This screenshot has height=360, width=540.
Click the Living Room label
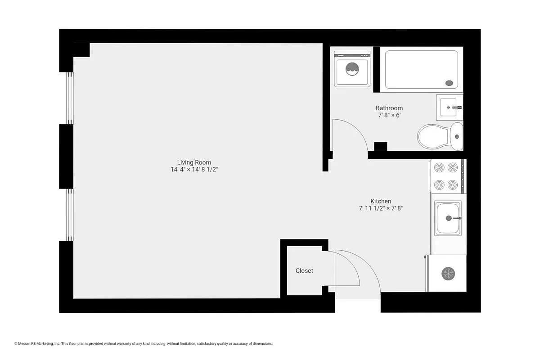coord(194,162)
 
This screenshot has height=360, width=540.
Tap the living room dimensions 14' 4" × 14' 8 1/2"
coord(194,170)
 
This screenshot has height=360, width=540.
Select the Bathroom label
coord(389,108)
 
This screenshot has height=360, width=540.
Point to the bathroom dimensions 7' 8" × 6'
coord(389,115)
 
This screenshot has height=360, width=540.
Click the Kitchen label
coord(381,201)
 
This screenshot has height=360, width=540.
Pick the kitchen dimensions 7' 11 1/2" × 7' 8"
coord(381,208)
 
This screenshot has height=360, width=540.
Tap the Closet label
coord(304,270)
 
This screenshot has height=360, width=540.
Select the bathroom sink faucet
coord(457,108)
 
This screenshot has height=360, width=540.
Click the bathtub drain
coord(449,83)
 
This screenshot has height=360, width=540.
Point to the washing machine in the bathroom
coord(352,69)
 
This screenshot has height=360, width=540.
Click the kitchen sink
coord(448,218)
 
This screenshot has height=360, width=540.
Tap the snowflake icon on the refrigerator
coord(448,273)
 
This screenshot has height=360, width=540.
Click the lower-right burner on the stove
coord(453,184)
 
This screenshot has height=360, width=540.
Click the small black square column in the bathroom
coord(381,146)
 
